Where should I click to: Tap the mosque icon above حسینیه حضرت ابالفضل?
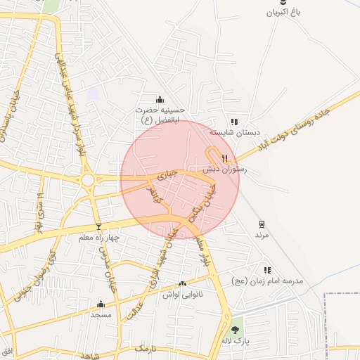coord(160,99)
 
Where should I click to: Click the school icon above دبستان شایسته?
coord(234,121)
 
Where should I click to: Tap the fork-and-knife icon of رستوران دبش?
coord(225,158)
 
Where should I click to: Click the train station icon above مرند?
coord(262,224)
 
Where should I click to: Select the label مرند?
coord(262,235)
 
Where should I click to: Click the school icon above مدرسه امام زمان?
coord(266,270)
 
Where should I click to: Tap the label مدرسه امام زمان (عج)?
coord(267,281)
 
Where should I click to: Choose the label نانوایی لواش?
coord(183,294)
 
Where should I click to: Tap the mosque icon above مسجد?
coord(101,304)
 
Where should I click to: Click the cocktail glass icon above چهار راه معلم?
coord(98,226)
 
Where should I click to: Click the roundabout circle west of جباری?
coord(88,180)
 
